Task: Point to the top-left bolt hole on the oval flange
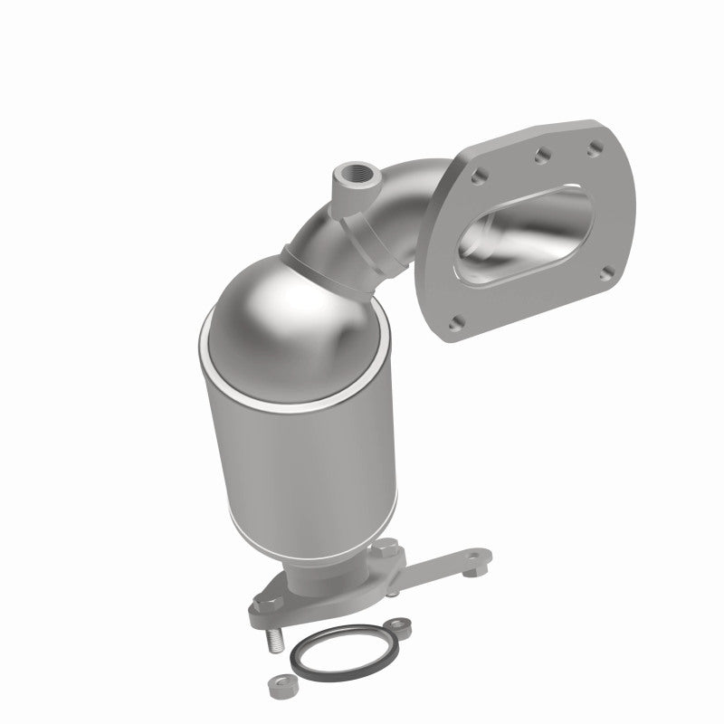(x=480, y=177)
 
